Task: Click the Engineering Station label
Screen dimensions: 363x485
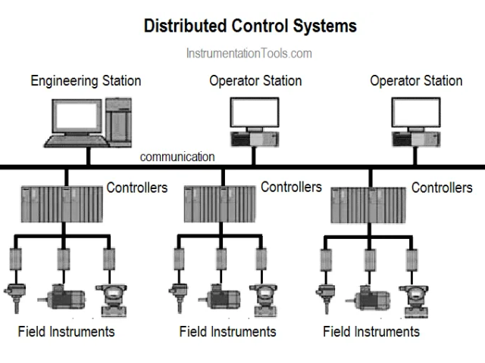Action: [86, 80]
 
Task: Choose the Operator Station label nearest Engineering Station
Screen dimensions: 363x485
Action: [255, 80]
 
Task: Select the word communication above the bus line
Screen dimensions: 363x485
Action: [177, 157]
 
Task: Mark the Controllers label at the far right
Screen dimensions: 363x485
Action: [442, 188]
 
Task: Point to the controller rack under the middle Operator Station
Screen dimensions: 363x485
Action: [221, 203]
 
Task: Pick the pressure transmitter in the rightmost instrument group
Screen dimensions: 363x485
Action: [415, 298]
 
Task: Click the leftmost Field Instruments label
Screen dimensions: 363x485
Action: [67, 331]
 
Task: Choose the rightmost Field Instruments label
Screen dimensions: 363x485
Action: [371, 331]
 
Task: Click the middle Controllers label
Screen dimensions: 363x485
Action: [291, 186]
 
